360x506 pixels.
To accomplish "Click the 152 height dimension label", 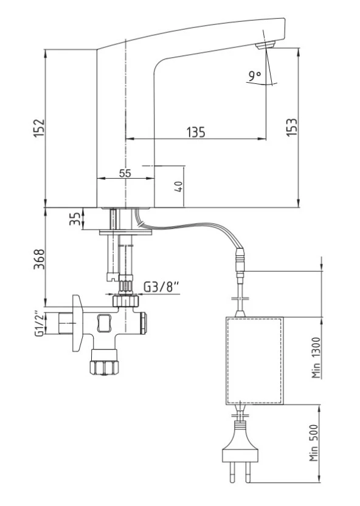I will coord(38,128).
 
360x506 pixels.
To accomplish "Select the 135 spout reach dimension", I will coord(195,132).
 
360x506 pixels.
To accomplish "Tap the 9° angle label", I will coord(254,76).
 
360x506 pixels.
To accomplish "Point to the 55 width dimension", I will coord(125,173).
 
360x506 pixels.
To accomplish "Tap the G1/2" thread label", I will coord(39,324).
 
